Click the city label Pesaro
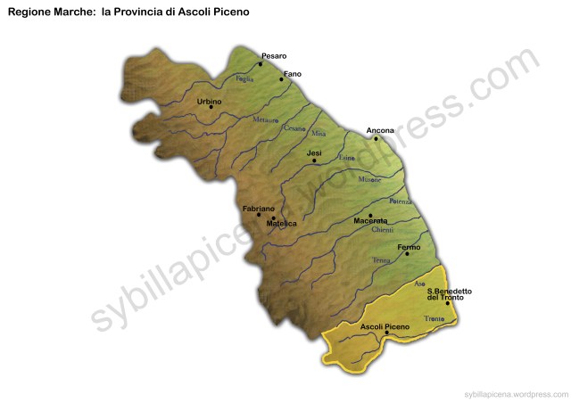[274, 56]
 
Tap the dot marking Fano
[282, 79]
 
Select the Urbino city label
[209, 102]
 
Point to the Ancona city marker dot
[377, 138]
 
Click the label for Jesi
[314, 153]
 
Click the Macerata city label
[370, 220]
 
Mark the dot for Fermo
[407, 254]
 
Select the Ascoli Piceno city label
[385, 327]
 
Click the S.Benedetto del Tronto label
[449, 294]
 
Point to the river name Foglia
[244, 78]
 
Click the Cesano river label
[294, 127]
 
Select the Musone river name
[369, 179]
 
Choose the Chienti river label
[382, 230]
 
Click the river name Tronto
[434, 318]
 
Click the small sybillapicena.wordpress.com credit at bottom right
[515, 393]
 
